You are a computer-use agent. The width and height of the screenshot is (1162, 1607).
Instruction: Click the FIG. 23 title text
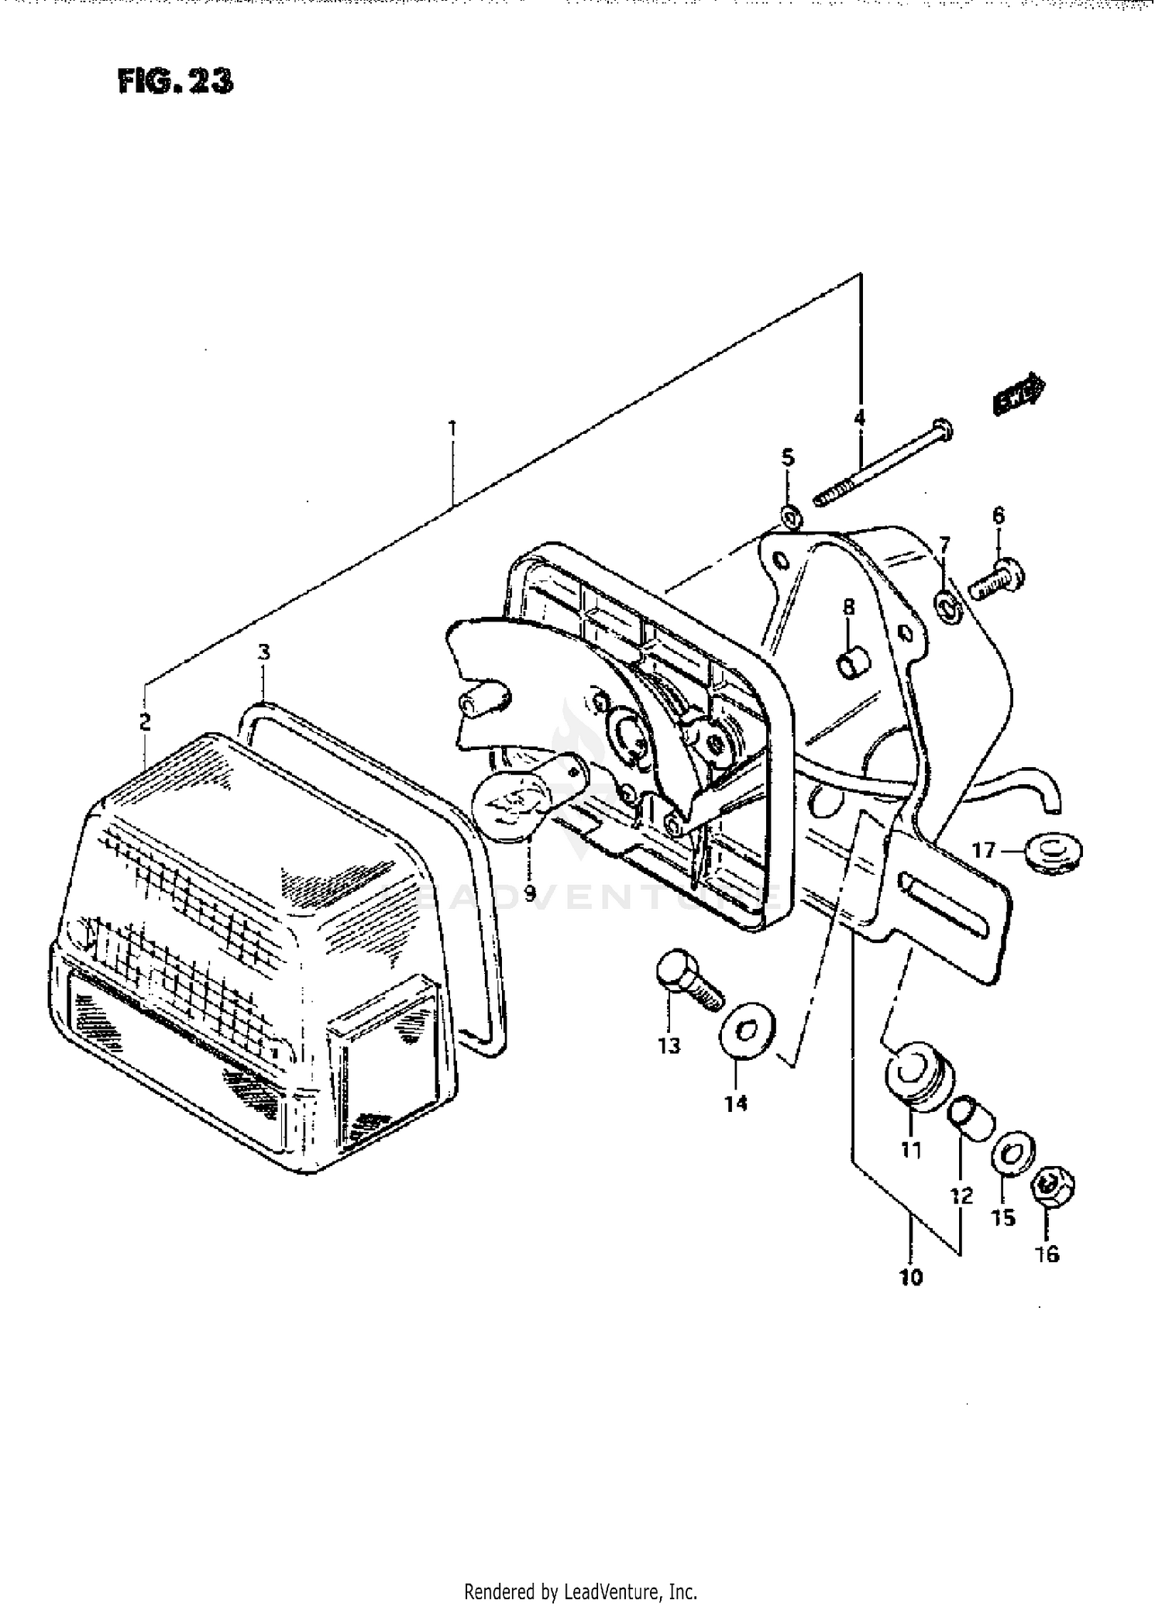[175, 81]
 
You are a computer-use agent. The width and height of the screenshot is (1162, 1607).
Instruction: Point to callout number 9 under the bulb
[529, 893]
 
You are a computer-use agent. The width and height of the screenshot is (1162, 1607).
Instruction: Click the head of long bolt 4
[943, 428]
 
